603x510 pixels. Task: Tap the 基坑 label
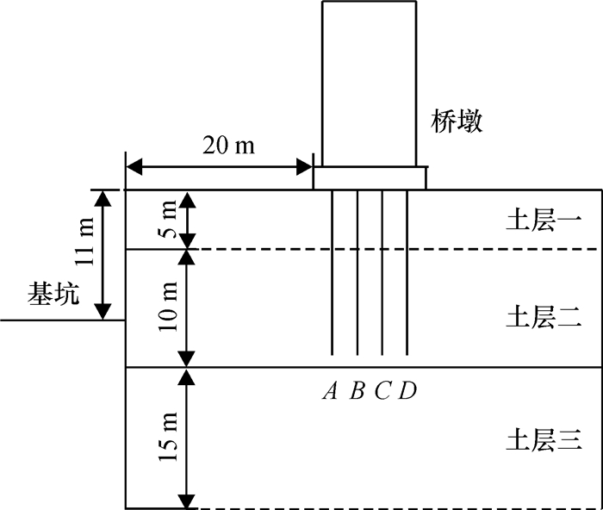[x=53, y=295]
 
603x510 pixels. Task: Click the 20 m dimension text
[x=228, y=145]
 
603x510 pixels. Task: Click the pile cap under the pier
[x=369, y=178]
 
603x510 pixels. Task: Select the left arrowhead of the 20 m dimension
[x=133, y=165]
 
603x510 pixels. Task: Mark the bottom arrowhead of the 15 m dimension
[x=184, y=501]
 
